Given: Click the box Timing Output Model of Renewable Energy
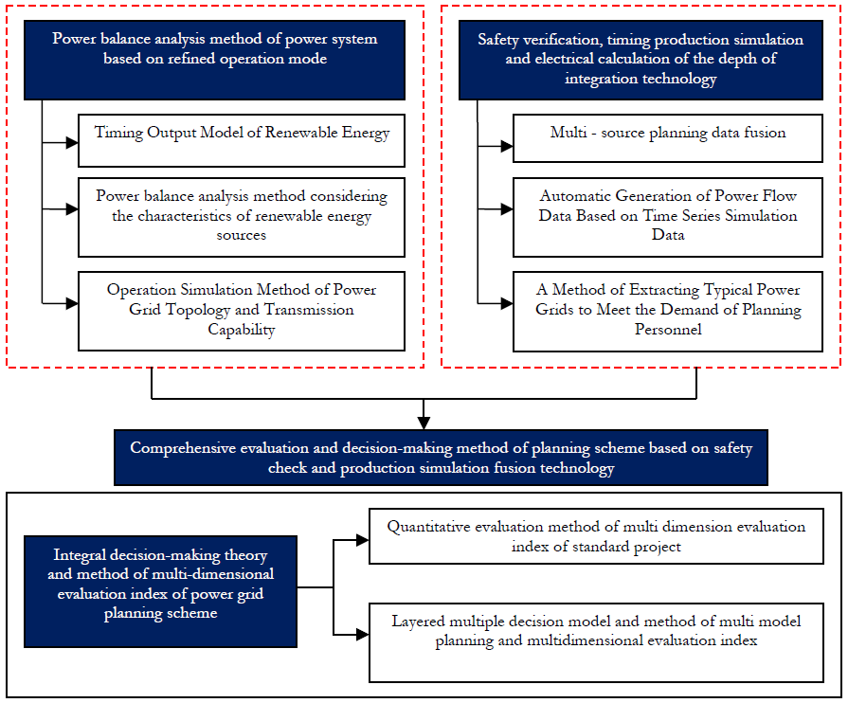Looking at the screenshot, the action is click(x=242, y=140).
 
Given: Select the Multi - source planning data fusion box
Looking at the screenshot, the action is click(x=668, y=138).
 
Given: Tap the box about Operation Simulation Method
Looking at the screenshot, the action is click(x=242, y=311).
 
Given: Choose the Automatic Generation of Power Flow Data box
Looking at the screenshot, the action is click(x=668, y=217).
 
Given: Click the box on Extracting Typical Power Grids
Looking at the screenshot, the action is click(x=668, y=312).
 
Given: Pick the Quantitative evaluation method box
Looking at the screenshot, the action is click(x=596, y=536).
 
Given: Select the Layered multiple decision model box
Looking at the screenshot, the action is click(x=596, y=642).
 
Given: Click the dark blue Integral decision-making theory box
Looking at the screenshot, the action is click(x=161, y=591).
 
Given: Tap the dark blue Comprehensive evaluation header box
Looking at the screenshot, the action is click(x=441, y=458).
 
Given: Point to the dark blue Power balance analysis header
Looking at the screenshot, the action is click(x=214, y=60).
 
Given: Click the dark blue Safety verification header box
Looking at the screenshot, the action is click(x=641, y=60).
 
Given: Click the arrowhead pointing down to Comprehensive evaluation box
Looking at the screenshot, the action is click(x=424, y=423).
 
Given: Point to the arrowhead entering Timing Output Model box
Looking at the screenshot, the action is click(x=72, y=143).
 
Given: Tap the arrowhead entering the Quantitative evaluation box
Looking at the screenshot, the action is click(x=362, y=539).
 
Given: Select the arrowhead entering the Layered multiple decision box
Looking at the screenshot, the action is click(x=362, y=634).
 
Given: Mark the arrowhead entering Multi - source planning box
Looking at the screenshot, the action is click(x=507, y=146).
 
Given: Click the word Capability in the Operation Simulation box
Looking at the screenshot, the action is click(x=242, y=330).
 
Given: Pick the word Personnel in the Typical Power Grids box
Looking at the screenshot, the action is click(x=668, y=330).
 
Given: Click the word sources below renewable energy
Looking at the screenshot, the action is click(x=242, y=235).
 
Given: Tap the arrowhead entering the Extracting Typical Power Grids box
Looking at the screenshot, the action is click(x=507, y=303).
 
